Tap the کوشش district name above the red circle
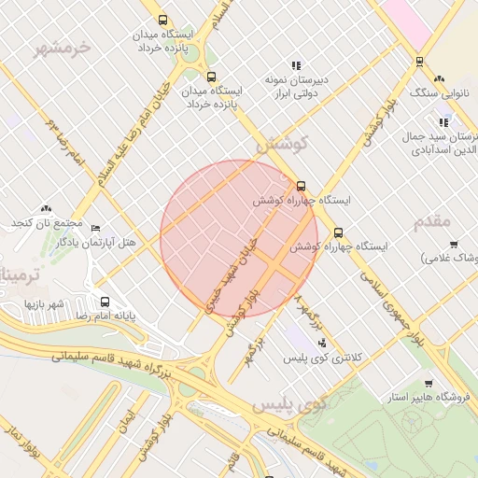point(281,145)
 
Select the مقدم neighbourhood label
point(431,221)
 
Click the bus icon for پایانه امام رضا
point(105,302)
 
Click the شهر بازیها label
point(43,304)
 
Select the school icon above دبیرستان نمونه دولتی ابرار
point(296,65)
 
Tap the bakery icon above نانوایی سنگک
point(439,79)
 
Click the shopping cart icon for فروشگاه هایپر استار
point(428,384)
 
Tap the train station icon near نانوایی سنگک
point(419,62)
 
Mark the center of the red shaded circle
point(239,239)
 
